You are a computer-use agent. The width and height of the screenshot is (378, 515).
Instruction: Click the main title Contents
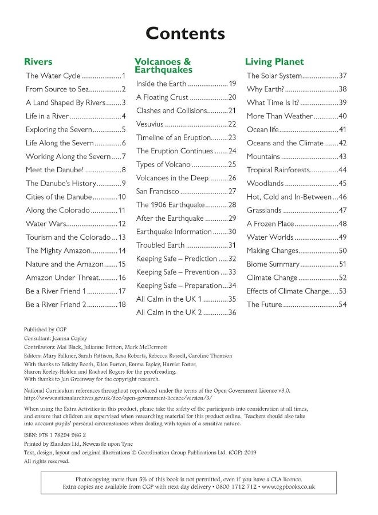[185, 33]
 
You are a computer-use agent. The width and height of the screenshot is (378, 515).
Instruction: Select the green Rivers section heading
[38, 62]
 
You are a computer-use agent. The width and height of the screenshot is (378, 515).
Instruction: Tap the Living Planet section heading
[274, 62]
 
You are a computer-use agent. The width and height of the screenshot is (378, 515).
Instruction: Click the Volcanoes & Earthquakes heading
[163, 65]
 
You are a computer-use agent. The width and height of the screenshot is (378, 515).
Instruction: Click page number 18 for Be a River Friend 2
[121, 304]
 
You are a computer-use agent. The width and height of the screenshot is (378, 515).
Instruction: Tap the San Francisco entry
[158, 191]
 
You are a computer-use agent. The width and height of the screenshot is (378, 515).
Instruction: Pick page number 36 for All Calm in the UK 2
[232, 312]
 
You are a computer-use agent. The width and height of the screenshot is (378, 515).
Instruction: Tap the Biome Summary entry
[273, 264]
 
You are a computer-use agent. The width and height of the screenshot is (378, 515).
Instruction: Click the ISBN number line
[53, 435]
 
